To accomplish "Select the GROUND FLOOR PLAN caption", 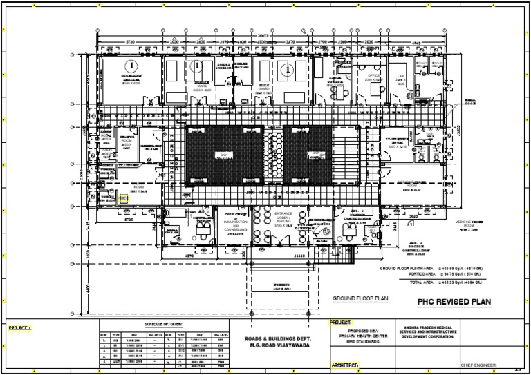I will click(x=360, y=298).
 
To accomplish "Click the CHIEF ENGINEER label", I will click(x=478, y=365).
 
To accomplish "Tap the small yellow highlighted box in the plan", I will click(x=124, y=198).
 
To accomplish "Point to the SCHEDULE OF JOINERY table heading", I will click(x=163, y=324).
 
